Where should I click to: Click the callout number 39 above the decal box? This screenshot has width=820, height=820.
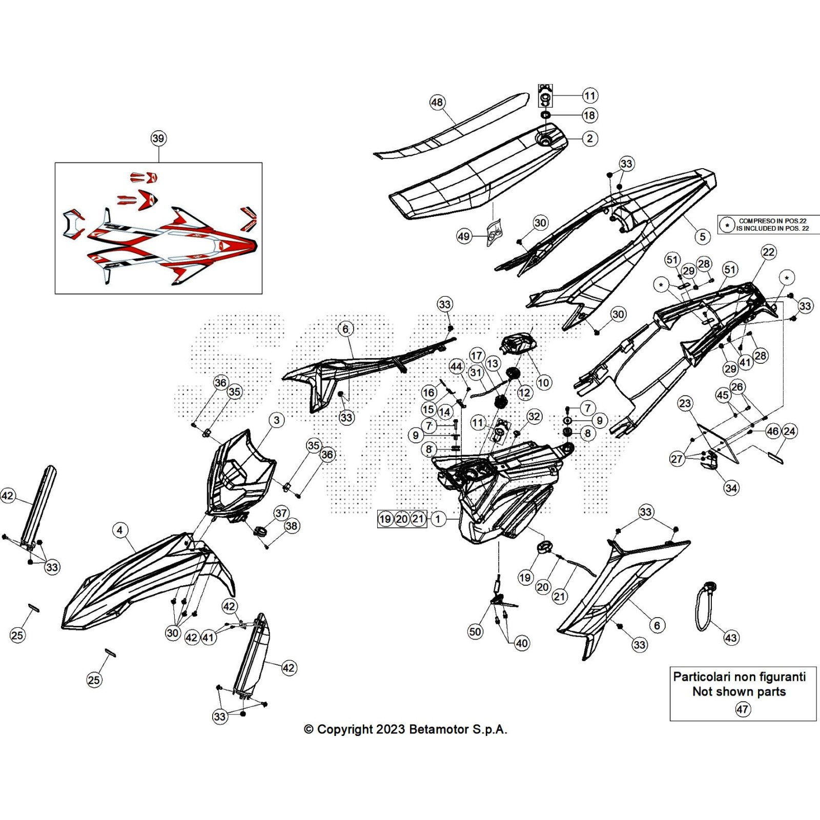click(158, 138)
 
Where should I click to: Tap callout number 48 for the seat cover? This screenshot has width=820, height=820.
click(437, 102)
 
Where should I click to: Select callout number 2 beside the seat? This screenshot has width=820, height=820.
click(590, 138)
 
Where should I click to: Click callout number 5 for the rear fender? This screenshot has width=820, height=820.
click(703, 236)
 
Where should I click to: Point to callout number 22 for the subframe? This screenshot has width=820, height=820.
click(769, 252)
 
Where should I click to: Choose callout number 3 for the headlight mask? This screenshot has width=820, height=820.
click(277, 420)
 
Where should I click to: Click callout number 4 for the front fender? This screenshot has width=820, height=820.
click(120, 530)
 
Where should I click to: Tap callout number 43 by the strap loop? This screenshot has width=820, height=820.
click(731, 638)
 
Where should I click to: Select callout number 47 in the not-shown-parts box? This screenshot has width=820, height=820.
click(743, 709)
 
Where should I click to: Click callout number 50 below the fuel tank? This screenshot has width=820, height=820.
click(475, 631)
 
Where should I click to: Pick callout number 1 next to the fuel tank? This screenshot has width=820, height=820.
click(438, 519)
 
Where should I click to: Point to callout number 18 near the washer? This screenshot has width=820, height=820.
click(589, 115)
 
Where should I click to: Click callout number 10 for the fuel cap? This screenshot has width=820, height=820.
click(543, 382)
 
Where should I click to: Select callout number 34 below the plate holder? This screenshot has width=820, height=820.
click(731, 488)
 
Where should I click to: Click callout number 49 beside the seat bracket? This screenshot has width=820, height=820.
click(464, 236)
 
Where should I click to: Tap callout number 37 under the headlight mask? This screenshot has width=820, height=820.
click(281, 513)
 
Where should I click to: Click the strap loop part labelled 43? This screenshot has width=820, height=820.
click(702, 610)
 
